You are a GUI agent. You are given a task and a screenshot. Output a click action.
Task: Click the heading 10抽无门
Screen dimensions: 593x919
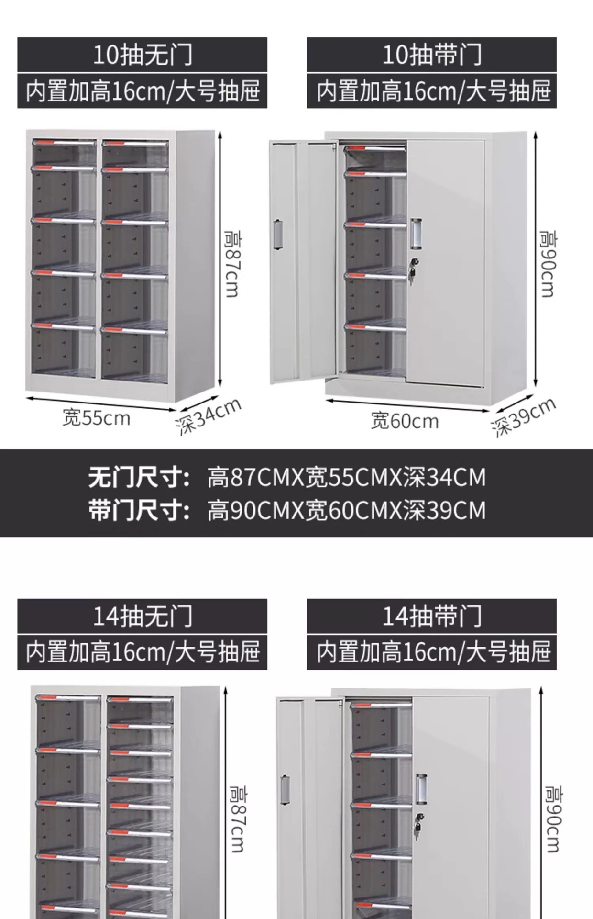142,55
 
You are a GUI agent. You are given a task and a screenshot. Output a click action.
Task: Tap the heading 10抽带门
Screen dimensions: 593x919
431,55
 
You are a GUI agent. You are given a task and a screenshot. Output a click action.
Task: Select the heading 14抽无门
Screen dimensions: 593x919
142,616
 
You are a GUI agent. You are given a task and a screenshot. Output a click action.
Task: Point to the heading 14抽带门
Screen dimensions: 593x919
431,616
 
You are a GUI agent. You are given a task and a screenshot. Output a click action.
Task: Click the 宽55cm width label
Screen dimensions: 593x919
96,418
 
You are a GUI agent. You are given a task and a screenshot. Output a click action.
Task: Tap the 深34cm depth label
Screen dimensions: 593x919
209,416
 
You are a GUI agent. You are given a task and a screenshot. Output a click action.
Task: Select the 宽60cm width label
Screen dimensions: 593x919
405,421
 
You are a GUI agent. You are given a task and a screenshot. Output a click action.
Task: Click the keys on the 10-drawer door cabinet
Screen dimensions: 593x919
412,270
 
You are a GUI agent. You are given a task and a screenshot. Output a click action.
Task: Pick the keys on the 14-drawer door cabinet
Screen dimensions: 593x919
419,824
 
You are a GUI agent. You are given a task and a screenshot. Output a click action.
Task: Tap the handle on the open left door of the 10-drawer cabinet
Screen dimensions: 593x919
278,234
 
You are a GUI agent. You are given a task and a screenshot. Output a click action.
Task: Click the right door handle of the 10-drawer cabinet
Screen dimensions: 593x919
416,234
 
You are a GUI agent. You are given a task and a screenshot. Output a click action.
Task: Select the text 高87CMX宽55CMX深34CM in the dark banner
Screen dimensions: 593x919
346,477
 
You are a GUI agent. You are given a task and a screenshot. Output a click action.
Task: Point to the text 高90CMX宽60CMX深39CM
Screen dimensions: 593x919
346,510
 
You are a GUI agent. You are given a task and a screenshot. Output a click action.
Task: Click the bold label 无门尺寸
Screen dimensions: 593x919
139,477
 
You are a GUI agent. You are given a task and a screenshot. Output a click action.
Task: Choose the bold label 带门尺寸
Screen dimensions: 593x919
139,510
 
